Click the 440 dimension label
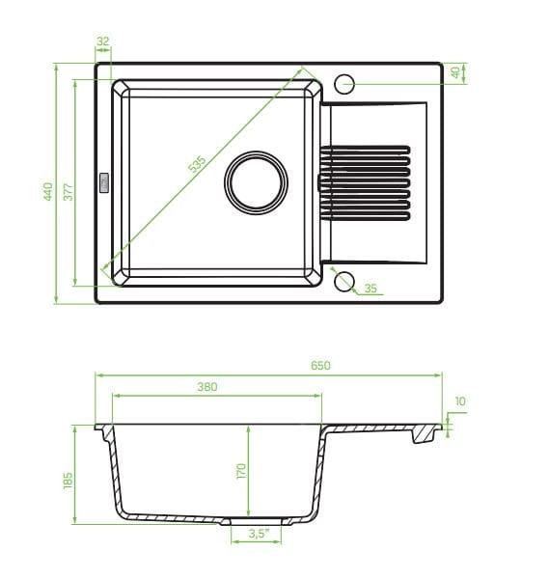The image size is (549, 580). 48,191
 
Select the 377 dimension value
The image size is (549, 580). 69,192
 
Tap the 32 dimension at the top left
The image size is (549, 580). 103,41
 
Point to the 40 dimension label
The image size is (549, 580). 455,72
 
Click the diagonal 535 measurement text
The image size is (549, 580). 197,164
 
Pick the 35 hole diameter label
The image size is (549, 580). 371,289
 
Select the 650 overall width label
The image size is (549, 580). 320,366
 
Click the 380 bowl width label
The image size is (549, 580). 207,387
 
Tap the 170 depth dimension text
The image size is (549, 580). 240,471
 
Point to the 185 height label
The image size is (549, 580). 69,481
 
